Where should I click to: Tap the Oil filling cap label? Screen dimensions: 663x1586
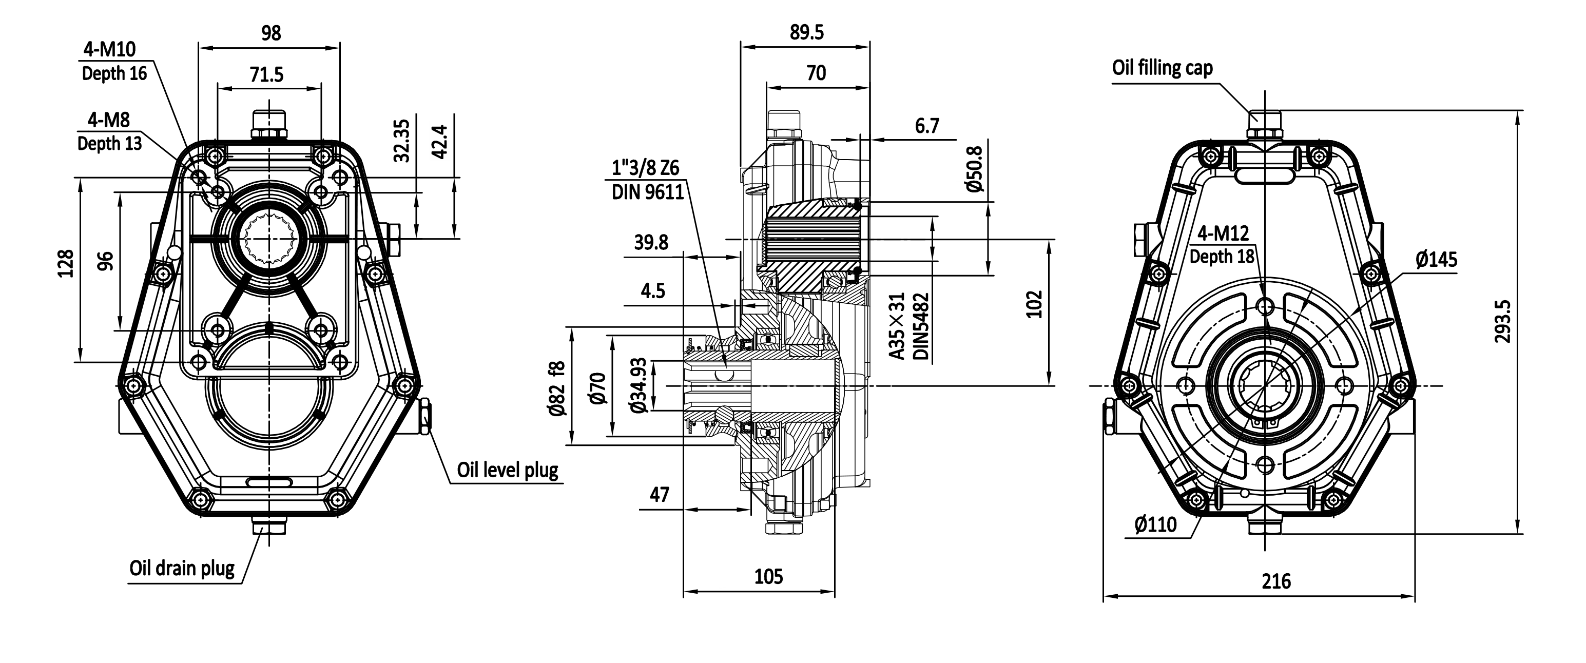1162,68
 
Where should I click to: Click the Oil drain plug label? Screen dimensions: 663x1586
182,567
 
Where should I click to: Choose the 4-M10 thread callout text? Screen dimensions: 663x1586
110,49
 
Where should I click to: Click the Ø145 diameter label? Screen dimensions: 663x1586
1437,259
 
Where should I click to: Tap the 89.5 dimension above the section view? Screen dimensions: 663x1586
806,32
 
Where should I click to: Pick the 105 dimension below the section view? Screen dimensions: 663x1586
768,576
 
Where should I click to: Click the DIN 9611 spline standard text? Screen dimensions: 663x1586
648,192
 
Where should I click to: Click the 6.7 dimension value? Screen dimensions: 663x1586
926,126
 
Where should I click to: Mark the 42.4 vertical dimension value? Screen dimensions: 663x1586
440,141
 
